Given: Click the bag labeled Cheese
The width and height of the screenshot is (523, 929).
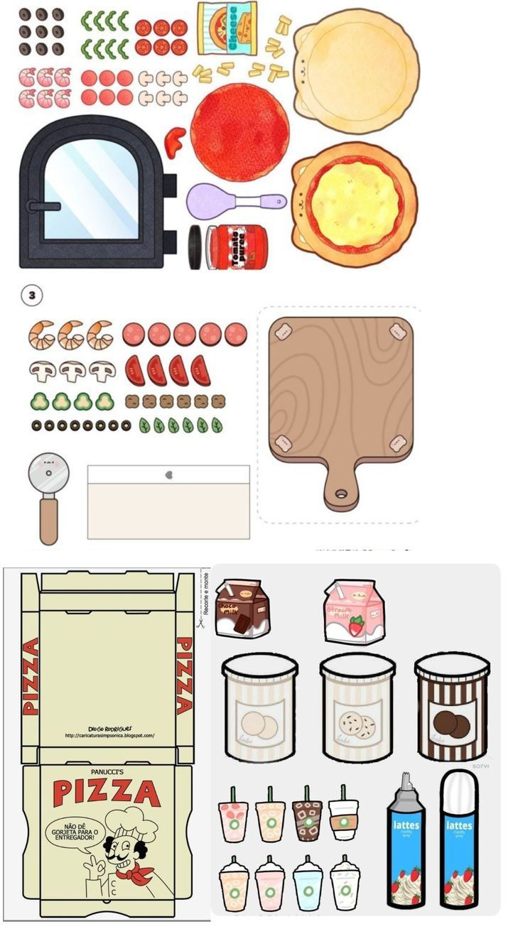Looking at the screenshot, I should pyautogui.click(x=227, y=29).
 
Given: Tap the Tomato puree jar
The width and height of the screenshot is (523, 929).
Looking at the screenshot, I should pyautogui.click(x=236, y=247).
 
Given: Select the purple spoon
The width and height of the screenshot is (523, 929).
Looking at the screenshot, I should pyautogui.click(x=213, y=201).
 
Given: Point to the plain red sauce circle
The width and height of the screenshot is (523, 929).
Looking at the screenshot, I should pyautogui.click(x=239, y=132).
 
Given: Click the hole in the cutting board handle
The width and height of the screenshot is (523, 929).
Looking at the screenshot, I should pyautogui.click(x=343, y=493).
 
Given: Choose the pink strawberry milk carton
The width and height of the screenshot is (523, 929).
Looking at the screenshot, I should pyautogui.click(x=353, y=611).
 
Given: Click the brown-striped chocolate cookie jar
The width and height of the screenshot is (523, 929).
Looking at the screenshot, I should pyautogui.click(x=452, y=707).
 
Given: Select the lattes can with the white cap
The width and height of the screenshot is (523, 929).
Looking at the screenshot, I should pyautogui.click(x=458, y=842).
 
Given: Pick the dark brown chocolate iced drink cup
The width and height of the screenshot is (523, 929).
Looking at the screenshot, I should pyautogui.click(x=307, y=817).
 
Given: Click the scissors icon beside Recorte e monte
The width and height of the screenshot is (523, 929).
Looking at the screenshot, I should pyautogui.click(x=201, y=623).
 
